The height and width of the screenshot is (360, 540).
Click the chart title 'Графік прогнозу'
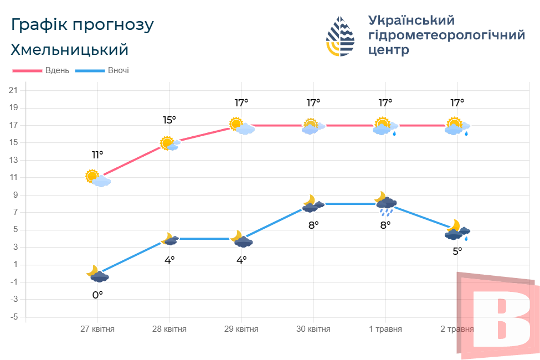82,25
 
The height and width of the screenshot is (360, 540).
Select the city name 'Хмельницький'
69,49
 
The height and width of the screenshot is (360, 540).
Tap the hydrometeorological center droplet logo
340,37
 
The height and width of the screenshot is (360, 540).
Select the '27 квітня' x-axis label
97,329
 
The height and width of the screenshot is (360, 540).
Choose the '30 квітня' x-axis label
313,329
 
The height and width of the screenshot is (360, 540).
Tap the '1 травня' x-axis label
385,329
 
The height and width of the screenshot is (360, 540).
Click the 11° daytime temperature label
97,155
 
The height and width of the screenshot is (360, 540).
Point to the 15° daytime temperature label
169,120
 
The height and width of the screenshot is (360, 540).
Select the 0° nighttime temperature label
97,295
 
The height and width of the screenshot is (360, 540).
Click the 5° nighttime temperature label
457,251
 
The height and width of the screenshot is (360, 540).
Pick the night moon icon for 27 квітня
97,274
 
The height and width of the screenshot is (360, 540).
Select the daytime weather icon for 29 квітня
242,126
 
